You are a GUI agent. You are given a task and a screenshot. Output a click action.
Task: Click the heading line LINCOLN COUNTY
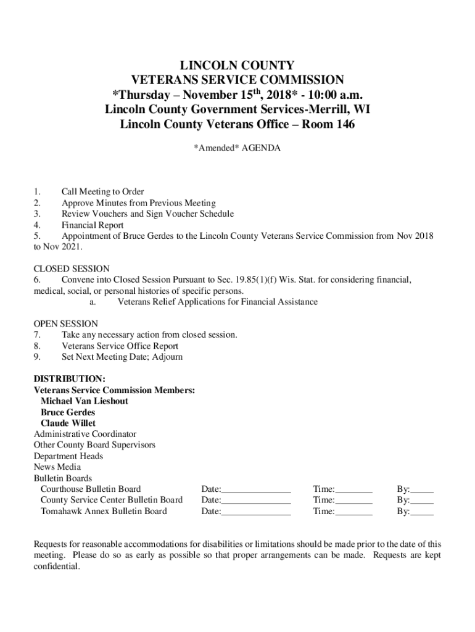pos(237,65)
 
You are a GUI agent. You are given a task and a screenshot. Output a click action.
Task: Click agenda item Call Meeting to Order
pos(102,192)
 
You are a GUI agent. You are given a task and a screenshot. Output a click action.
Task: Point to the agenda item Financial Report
pos(92,225)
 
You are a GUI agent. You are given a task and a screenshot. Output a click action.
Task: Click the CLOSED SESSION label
pos(71,269)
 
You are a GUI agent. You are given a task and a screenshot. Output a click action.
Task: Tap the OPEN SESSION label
pos(65,324)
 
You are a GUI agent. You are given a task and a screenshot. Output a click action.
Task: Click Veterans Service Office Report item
pos(120,346)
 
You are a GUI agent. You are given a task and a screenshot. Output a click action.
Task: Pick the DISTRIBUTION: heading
pos(69,378)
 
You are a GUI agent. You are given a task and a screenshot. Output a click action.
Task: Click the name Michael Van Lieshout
pos(85,401)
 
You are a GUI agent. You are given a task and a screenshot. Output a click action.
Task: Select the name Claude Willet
pos(68,423)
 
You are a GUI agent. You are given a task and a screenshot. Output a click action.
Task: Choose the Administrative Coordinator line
pos(85,434)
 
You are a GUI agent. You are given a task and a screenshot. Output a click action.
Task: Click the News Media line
pos(57,467)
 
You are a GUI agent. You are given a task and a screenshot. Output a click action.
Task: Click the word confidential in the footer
pos(57,567)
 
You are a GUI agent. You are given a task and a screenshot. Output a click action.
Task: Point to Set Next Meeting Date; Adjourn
pos(122,357)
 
